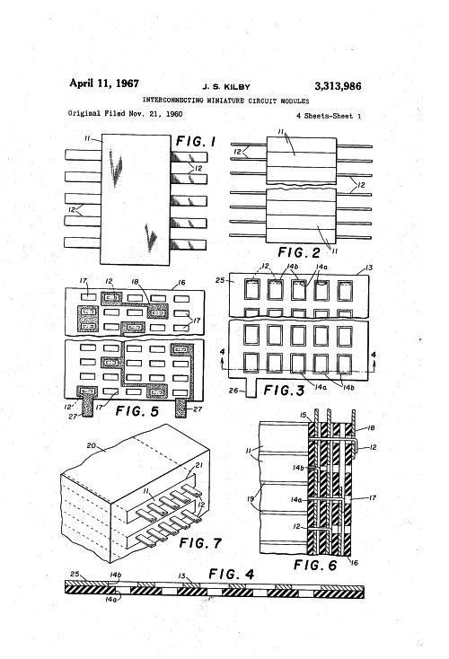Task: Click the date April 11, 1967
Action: click(104, 83)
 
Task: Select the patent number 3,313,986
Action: click(338, 86)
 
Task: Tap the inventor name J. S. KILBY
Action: click(226, 87)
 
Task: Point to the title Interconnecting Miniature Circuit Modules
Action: click(225, 101)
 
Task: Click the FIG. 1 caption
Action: click(196, 142)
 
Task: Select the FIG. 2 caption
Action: click(299, 252)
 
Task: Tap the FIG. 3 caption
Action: click(284, 391)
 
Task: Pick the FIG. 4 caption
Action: click(232, 574)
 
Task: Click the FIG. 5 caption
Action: click(137, 410)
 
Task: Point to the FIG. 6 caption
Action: click(315, 565)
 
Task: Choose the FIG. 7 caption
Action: click(200, 542)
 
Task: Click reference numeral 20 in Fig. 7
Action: click(92, 445)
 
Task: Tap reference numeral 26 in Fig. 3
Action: click(233, 391)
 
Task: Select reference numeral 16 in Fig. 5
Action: click(181, 283)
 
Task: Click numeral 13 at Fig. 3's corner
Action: click(369, 268)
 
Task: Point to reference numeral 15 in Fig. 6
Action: click(304, 415)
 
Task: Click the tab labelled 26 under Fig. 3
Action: click(251, 388)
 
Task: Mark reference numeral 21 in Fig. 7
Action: click(198, 465)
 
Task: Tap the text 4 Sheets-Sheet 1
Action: click(329, 116)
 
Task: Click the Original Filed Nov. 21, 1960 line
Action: click(126, 113)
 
